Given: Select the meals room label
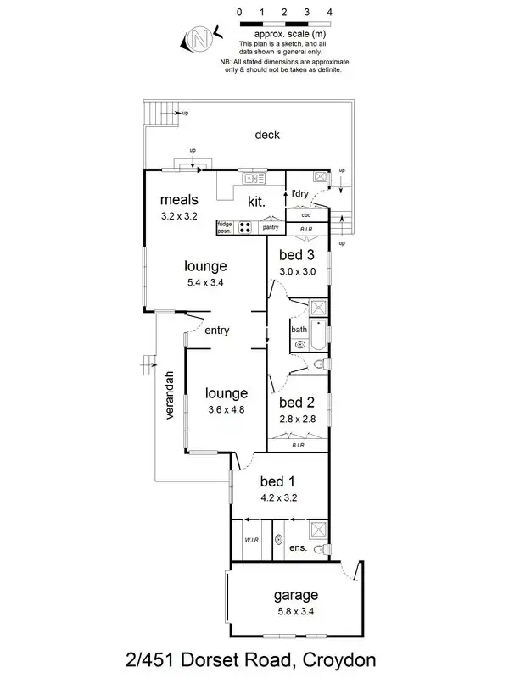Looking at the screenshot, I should click(x=179, y=200).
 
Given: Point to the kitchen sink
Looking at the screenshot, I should click(x=252, y=178).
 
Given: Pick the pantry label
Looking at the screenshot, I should click(x=271, y=227).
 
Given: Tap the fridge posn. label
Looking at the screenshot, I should click(x=225, y=227).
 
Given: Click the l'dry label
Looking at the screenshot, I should click(x=299, y=195).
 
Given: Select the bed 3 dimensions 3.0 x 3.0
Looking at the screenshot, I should click(x=298, y=271).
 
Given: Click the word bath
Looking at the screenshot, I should click(x=299, y=330).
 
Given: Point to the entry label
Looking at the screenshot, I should click(x=217, y=331).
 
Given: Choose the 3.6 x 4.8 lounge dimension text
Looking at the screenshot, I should click(x=226, y=409).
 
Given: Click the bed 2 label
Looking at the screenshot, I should click(x=298, y=402).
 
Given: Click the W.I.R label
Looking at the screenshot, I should click(x=252, y=538).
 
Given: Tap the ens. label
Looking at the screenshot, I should click(x=297, y=548).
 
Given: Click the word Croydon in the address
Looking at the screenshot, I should click(x=335, y=659).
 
